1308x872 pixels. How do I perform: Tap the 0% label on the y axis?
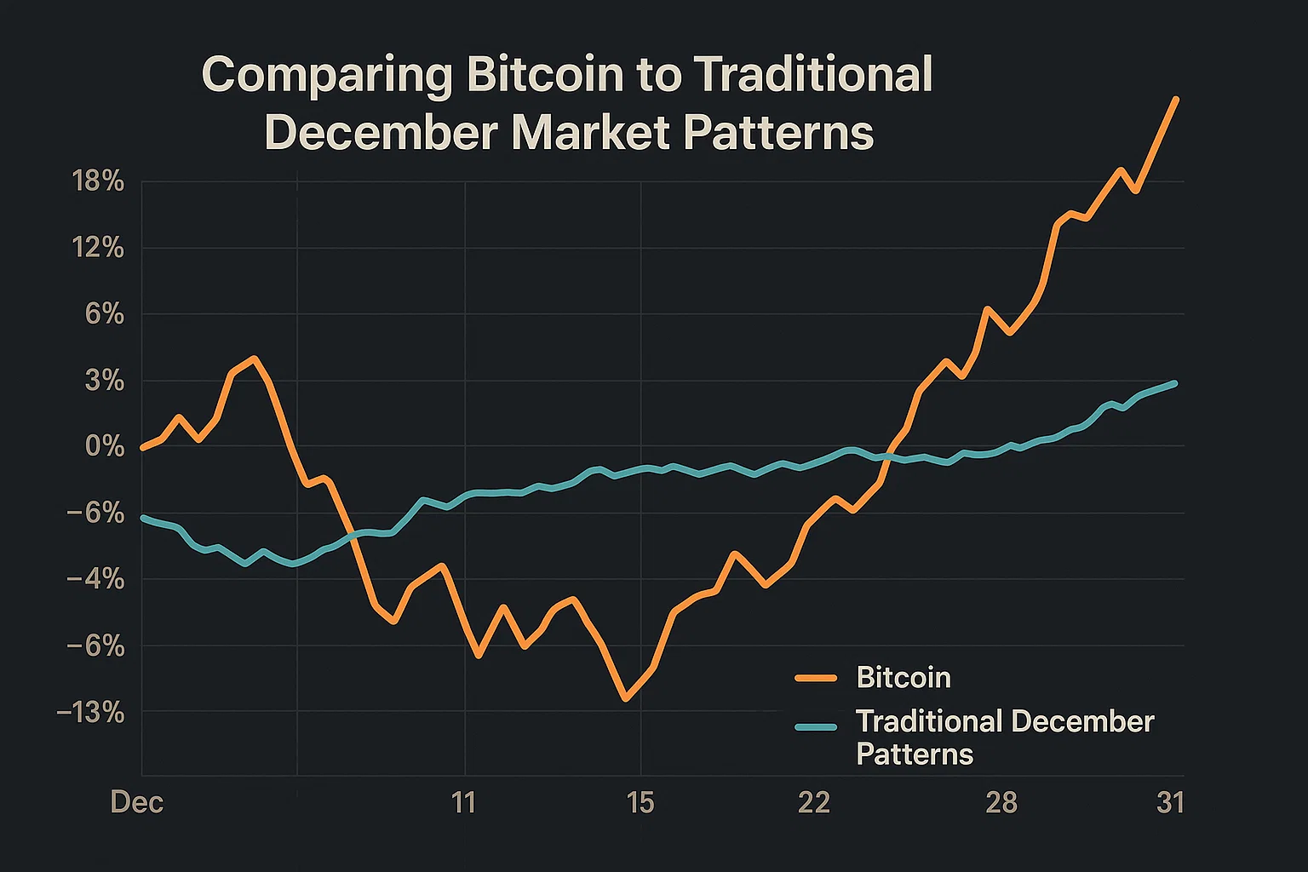106,446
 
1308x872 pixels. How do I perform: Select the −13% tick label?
91,713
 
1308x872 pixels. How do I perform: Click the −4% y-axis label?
95,580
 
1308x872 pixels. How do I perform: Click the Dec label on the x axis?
137,803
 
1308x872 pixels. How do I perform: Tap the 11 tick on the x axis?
463,803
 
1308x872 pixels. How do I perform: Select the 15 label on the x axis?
640,803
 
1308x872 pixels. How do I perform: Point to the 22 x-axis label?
814,803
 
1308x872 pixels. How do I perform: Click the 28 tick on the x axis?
1001,803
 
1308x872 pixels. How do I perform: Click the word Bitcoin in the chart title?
545,75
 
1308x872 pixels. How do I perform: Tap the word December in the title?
381,133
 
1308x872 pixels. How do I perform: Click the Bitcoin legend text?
903,678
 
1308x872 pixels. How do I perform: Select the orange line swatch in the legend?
816,679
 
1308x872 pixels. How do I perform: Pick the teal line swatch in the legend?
816,726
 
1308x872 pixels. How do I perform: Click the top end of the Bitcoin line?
1176,100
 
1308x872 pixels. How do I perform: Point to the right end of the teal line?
1175,383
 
